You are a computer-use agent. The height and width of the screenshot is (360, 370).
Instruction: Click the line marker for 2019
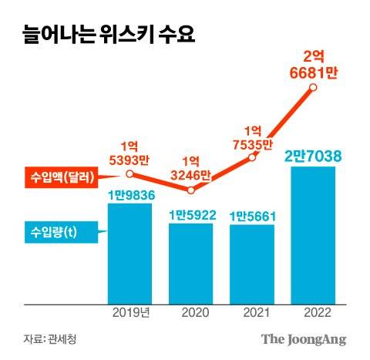tap(130, 174)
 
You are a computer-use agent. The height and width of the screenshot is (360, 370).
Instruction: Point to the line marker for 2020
tap(191, 188)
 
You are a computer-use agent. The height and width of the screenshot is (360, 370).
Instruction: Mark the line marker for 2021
tap(252, 157)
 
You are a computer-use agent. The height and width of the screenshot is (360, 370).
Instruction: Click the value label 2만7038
tap(313, 155)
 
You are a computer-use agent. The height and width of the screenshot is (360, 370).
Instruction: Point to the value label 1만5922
tap(191, 214)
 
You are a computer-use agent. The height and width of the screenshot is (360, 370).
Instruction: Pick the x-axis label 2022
tap(313, 312)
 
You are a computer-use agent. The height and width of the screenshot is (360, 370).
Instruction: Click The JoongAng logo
tap(303, 339)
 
